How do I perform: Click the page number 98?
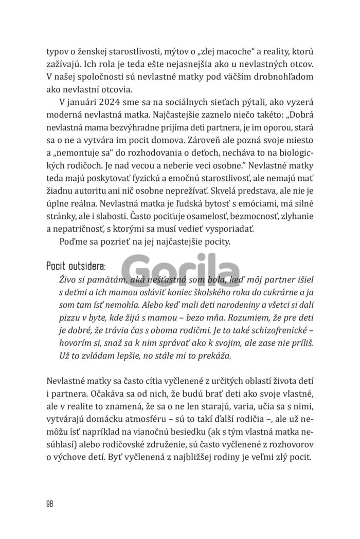click(50, 502)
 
